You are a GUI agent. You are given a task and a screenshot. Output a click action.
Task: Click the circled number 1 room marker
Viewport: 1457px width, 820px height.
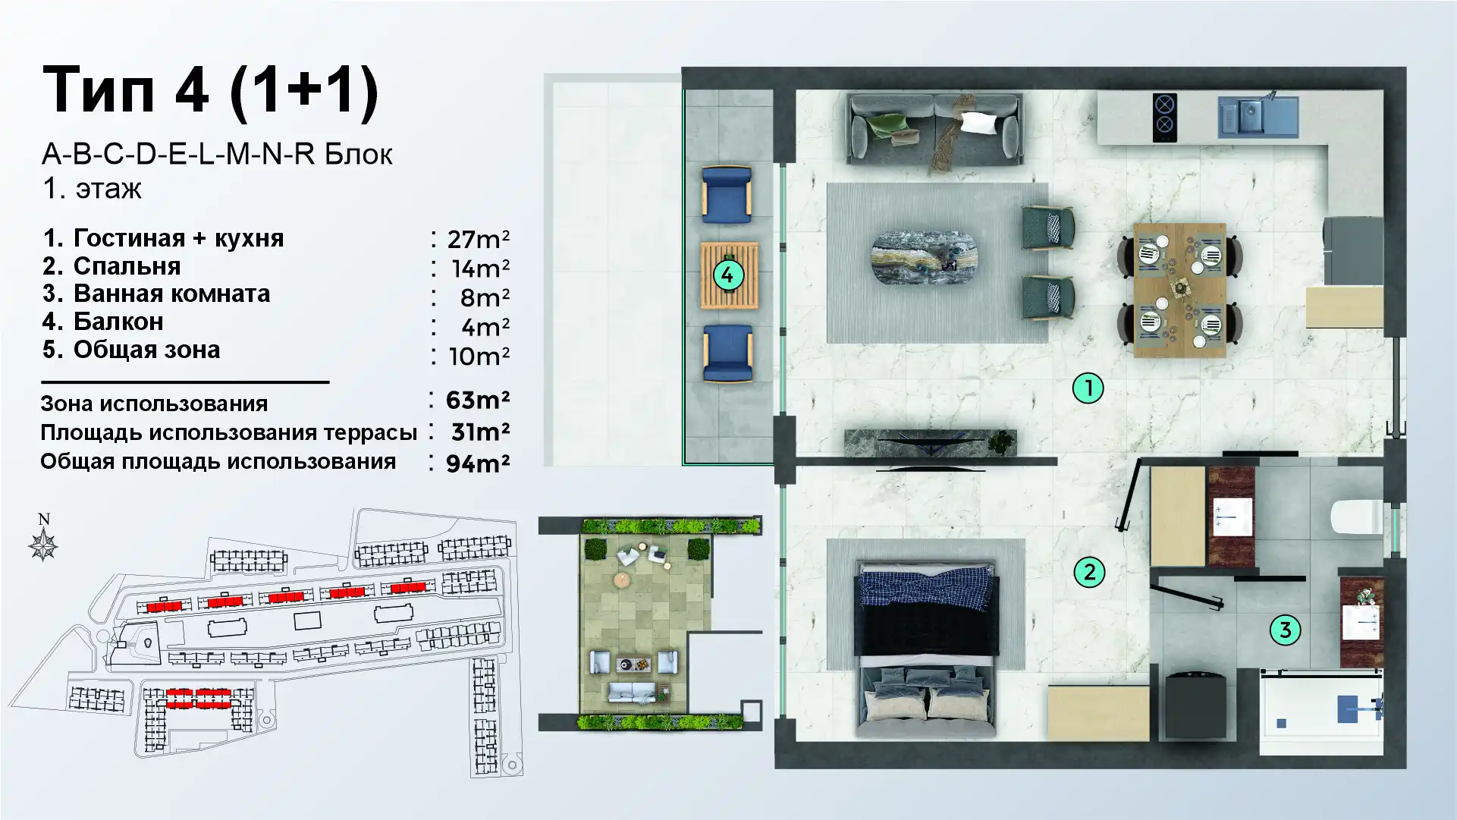tap(1088, 388)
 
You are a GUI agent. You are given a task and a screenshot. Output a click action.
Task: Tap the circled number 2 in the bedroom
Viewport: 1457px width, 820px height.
tap(1089, 572)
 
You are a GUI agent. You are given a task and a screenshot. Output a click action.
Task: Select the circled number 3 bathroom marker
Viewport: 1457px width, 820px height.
tap(1285, 630)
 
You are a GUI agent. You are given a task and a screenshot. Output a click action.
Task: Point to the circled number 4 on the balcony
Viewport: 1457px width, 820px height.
tap(727, 275)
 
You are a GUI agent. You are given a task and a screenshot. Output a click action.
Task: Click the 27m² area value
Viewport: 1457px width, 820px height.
tap(478, 239)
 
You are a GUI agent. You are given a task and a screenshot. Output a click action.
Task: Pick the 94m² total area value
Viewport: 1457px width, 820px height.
tap(478, 463)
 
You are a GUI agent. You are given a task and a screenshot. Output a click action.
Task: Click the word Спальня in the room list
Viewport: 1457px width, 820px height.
tap(127, 266)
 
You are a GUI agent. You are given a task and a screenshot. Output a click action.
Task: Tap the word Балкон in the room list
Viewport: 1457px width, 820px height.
tap(118, 322)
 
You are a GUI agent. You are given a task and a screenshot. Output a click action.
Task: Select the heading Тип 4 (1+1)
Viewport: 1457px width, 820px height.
tap(211, 91)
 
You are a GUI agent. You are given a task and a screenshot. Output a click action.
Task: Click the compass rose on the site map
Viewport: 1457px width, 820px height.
tap(44, 544)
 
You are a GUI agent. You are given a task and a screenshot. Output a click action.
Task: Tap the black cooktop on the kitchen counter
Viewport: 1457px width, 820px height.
tap(1164, 118)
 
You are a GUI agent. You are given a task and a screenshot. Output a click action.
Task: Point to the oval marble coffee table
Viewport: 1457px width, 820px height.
tap(925, 259)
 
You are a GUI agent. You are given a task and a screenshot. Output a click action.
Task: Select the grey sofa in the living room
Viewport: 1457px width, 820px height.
tap(934, 129)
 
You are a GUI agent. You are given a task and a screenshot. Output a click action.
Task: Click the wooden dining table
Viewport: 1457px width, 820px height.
tap(1179, 289)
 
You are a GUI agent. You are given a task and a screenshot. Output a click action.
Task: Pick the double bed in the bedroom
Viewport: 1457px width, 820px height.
tap(926, 649)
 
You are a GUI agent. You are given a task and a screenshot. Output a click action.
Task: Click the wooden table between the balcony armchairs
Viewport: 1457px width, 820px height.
tap(729, 275)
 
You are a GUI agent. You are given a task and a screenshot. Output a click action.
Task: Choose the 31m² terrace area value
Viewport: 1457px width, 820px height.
tap(480, 432)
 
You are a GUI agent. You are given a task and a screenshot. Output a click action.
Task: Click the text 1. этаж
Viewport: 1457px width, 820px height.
tap(92, 188)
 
